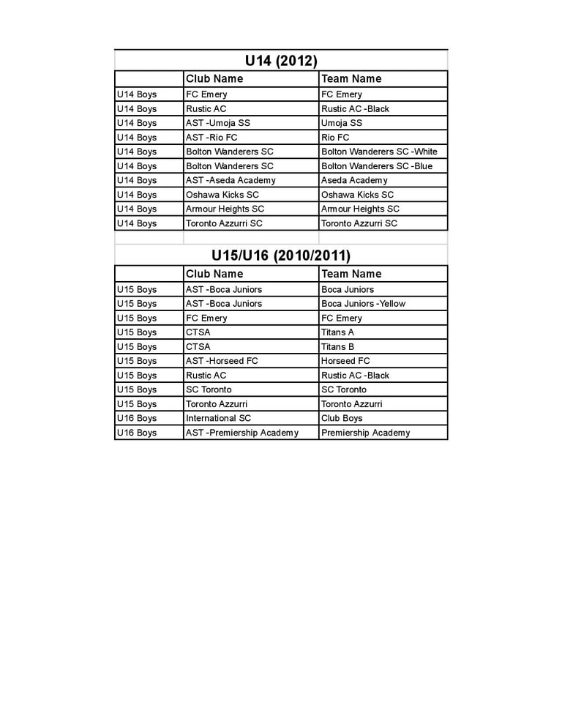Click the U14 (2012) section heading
281,61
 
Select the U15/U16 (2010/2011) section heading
281,256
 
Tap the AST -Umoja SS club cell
218,123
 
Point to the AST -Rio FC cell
211,138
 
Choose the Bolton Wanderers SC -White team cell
379,152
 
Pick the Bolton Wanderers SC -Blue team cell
377,166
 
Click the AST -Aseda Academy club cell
231,180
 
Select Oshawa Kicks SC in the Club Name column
222,195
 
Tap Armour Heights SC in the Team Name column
360,209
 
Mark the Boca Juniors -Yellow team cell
363,304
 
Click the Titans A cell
337,332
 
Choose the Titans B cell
337,347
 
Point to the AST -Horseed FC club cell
222,361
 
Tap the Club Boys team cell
342,418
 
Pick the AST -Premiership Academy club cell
242,433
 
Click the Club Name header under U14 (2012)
214,79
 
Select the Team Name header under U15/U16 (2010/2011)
351,274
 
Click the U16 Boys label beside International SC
137,418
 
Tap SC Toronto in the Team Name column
344,389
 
